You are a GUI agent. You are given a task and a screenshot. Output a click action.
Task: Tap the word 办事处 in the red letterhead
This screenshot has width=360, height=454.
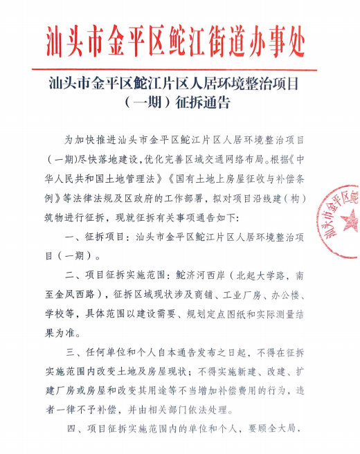coord(280,42)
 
